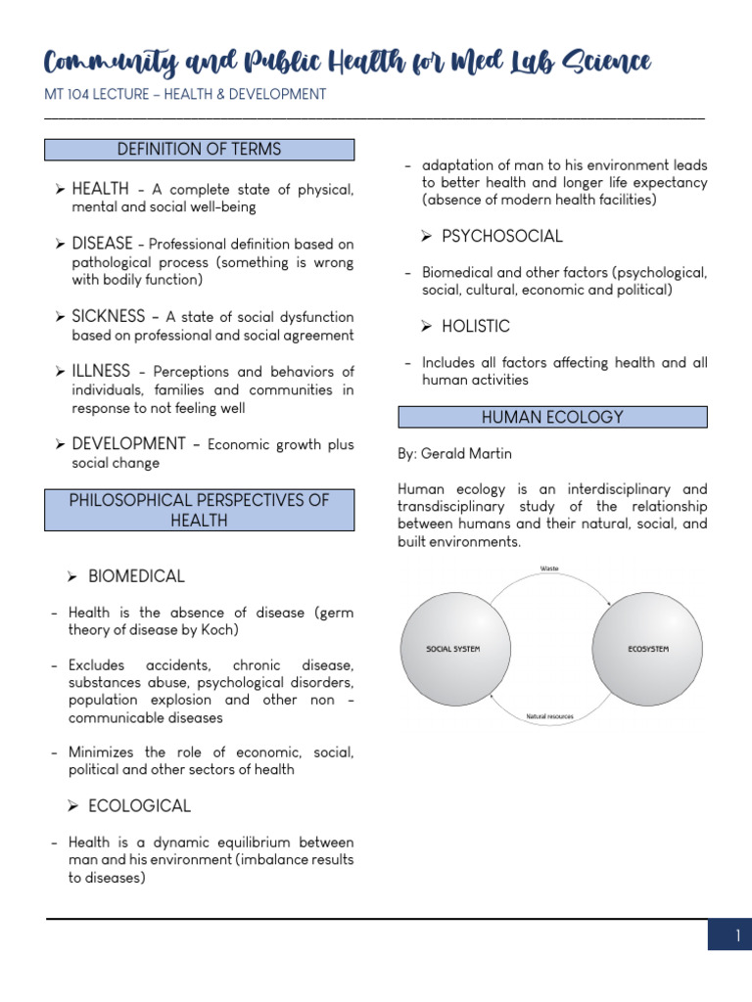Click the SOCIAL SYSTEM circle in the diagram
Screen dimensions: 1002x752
point(453,649)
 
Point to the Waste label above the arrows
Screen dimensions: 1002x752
point(550,569)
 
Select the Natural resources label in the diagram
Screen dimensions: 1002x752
point(549,716)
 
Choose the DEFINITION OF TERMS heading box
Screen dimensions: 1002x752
point(200,150)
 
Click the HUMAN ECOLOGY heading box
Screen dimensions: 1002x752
point(552,417)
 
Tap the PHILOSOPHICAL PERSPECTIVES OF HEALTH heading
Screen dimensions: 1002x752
point(200,510)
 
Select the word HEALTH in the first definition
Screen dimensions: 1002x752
point(101,188)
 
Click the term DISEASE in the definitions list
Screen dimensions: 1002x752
point(102,243)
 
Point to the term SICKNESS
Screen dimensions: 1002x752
point(108,316)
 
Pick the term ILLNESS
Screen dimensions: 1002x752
point(101,371)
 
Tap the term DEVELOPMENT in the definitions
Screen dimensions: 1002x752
point(128,443)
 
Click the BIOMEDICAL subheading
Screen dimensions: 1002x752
point(136,576)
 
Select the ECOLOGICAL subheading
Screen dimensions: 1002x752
point(139,805)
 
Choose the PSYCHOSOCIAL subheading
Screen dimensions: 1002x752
point(502,236)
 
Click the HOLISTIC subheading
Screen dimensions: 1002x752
point(476,326)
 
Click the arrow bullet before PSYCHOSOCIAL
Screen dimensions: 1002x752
point(427,237)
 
